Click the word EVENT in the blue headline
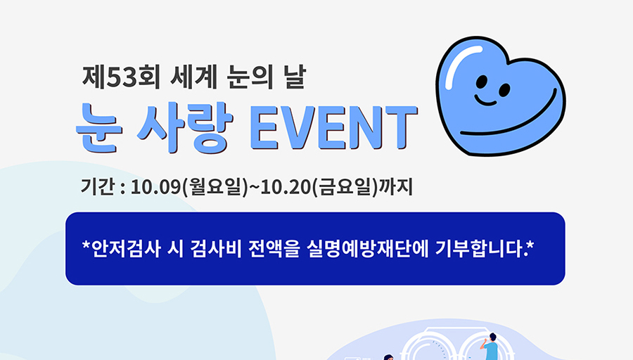pyautogui.click(x=334, y=127)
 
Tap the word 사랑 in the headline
pyautogui.click(x=185, y=127)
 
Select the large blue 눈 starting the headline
pyautogui.click(x=99, y=127)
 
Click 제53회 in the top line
pyautogui.click(x=122, y=77)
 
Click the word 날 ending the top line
pyautogui.click(x=294, y=77)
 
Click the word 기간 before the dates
pyautogui.click(x=97, y=187)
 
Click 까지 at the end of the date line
pyautogui.click(x=395, y=187)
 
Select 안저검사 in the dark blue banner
pyautogui.click(x=127, y=249)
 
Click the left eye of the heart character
pyautogui.click(x=482, y=82)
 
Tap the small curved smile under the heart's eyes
pyautogui.click(x=485, y=101)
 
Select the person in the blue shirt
pyautogui.click(x=490, y=347)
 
